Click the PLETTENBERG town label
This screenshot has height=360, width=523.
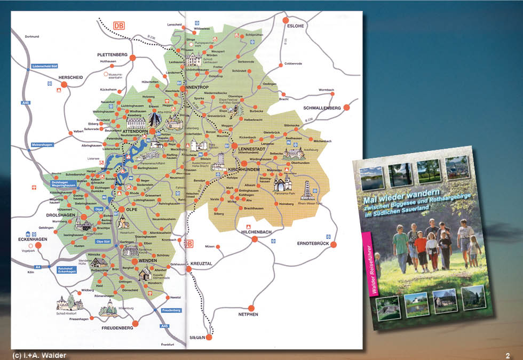point(113,54)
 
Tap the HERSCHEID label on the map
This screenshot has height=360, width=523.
point(70,77)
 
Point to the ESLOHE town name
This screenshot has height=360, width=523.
point(296,25)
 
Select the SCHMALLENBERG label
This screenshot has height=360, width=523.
point(322,108)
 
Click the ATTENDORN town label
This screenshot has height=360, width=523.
point(134,131)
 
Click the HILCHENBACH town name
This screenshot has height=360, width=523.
point(257,233)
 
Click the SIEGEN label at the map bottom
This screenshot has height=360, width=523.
point(197,338)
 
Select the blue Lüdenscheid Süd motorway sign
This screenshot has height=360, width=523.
point(44,66)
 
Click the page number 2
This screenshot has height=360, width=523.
point(508,355)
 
